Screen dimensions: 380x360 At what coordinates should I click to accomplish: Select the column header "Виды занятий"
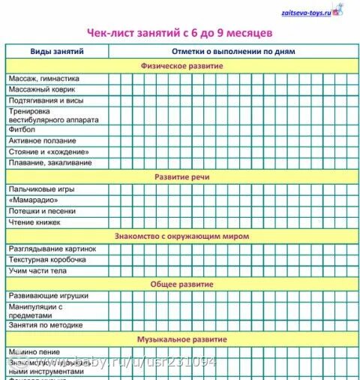pyautogui.click(x=57, y=51)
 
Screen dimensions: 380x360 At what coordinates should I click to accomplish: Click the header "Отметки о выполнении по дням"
pyautogui.click(x=233, y=51)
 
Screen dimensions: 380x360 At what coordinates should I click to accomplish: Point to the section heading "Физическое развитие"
pyautogui.click(x=182, y=65)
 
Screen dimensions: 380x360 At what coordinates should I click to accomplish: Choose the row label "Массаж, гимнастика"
pyautogui.click(x=43, y=78)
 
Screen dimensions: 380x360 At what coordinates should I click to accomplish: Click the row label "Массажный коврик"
pyautogui.click(x=41, y=89)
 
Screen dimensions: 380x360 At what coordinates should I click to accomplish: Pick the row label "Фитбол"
pyautogui.click(x=22, y=129)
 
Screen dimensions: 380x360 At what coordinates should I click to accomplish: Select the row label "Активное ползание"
pyautogui.click(x=42, y=140)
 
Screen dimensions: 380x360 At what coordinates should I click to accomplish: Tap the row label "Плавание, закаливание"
pyautogui.click(x=50, y=162)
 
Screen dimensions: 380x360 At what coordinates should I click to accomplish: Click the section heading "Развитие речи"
pyautogui.click(x=182, y=176)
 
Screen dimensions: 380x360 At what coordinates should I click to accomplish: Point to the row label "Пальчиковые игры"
pyautogui.click(x=42, y=189)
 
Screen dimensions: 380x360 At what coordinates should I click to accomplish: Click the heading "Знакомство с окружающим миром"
pyautogui.click(x=182, y=236)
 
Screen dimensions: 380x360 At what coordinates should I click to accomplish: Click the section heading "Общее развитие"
pyautogui.click(x=182, y=284)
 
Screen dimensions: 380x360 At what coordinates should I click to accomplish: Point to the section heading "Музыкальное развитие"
pyautogui.click(x=182, y=339)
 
